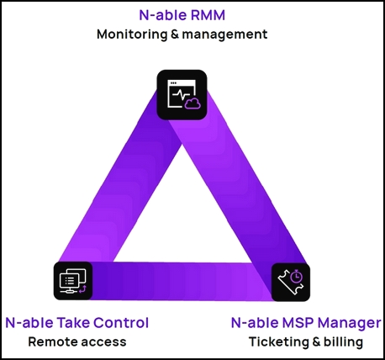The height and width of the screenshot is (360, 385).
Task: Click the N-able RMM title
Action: tap(182, 15)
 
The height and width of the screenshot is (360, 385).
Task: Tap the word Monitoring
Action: tap(132, 34)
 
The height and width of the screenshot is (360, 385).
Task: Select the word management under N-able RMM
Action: tap(224, 34)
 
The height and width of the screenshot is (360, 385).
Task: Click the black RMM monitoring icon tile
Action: tap(182, 95)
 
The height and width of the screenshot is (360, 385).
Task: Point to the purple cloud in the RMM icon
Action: tap(192, 103)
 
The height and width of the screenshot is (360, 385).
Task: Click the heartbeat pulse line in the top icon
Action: tap(182, 94)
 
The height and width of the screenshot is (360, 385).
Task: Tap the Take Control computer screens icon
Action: tap(73, 281)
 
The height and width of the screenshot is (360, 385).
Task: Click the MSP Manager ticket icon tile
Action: tap(291, 282)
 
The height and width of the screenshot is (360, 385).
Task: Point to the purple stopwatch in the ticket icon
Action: tap(296, 277)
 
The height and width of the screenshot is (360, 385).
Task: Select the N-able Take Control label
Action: tap(77, 322)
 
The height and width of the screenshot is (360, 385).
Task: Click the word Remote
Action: tap(50, 341)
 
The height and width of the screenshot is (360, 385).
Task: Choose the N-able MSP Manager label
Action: tap(306, 323)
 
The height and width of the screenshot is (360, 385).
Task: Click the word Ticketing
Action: tap(278, 342)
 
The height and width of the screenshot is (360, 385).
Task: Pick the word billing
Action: tap(343, 341)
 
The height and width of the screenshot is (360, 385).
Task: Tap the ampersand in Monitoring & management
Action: tap(175, 34)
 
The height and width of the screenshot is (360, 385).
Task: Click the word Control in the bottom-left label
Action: tap(121, 322)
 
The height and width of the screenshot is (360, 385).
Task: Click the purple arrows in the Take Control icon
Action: tap(82, 289)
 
